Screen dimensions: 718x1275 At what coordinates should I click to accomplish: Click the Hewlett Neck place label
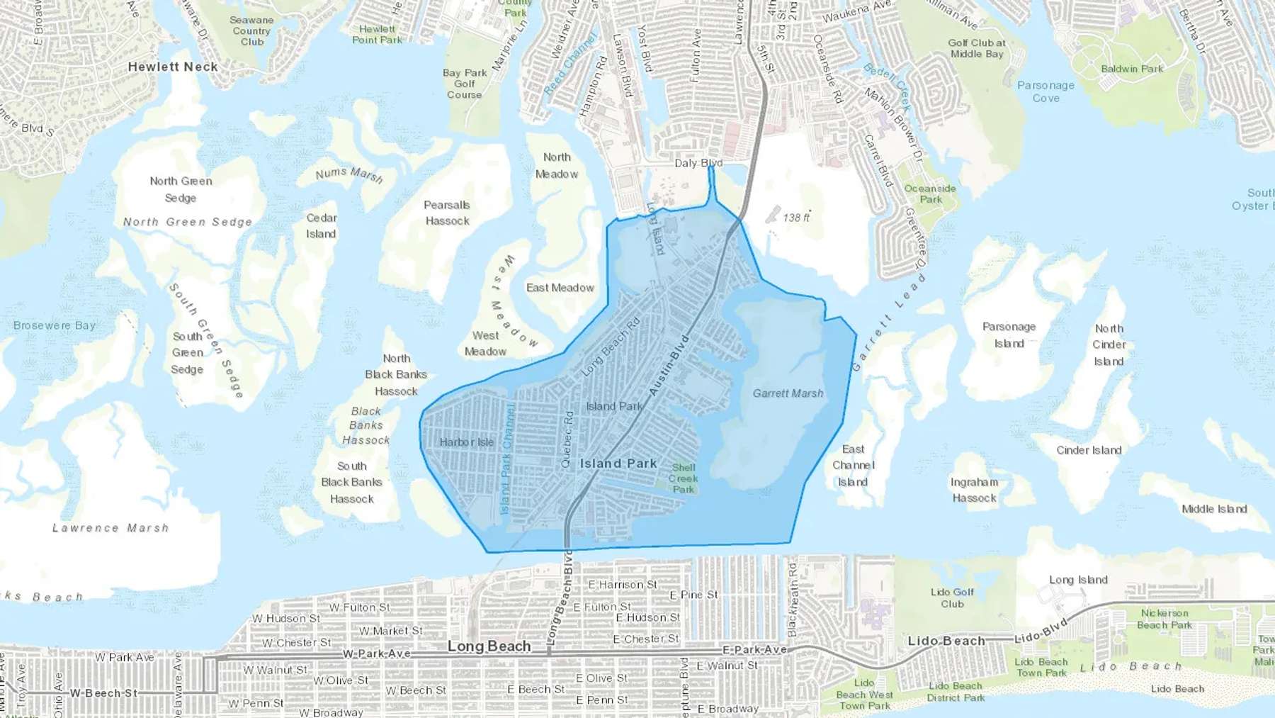pyautogui.click(x=173, y=67)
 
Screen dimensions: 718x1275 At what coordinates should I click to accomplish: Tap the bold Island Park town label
pyautogui.click(x=618, y=464)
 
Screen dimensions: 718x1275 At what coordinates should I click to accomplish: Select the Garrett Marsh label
pyautogui.click(x=788, y=393)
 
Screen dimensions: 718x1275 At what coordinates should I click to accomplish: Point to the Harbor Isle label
pyautogui.click(x=466, y=442)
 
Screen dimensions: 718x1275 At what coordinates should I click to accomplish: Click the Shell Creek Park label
pyautogui.click(x=684, y=478)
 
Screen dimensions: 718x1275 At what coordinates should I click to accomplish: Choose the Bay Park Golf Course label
pyautogui.click(x=465, y=84)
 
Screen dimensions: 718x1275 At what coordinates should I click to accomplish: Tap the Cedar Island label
pyautogui.click(x=322, y=226)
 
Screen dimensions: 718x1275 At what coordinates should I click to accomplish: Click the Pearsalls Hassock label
pyautogui.click(x=447, y=213)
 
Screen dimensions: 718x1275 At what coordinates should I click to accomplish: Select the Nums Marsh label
pyautogui.click(x=349, y=174)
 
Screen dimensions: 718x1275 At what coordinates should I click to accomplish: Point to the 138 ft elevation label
pyautogui.click(x=796, y=218)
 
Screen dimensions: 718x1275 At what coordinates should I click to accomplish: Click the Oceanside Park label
pyautogui.click(x=930, y=193)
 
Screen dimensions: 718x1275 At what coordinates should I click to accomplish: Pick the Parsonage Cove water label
pyautogui.click(x=1045, y=91)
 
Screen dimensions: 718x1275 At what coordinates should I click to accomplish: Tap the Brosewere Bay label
pyautogui.click(x=55, y=325)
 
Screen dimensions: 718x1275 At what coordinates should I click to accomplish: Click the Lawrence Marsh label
pyautogui.click(x=110, y=528)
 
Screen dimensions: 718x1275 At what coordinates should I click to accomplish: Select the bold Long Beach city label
pyautogui.click(x=489, y=646)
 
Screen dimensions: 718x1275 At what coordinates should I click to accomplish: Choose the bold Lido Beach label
pyautogui.click(x=946, y=641)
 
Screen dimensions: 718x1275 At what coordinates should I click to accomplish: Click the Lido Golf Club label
pyautogui.click(x=952, y=598)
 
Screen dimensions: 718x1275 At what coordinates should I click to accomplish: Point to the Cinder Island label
pyautogui.click(x=1089, y=450)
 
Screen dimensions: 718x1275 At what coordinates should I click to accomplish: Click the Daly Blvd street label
pyautogui.click(x=698, y=163)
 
